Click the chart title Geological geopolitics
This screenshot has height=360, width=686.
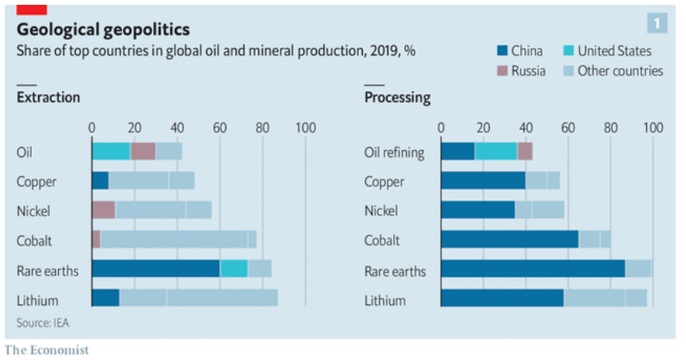(x=103, y=30)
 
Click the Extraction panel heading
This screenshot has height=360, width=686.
(x=48, y=97)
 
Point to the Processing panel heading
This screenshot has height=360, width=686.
(x=397, y=97)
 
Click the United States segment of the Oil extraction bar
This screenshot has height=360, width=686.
(x=111, y=151)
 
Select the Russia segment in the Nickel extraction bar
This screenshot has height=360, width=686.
(x=103, y=210)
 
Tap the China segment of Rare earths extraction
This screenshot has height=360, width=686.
(x=156, y=269)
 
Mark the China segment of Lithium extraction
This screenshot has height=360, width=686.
(x=105, y=299)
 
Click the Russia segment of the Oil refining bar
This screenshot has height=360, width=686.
(x=525, y=151)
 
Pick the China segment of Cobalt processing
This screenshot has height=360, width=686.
(x=510, y=239)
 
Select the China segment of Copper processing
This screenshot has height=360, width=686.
(x=483, y=180)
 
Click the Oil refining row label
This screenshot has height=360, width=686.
(x=395, y=152)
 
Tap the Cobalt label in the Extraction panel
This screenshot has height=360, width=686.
(x=36, y=240)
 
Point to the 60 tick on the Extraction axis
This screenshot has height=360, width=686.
(x=219, y=127)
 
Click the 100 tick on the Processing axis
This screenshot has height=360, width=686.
(x=652, y=127)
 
